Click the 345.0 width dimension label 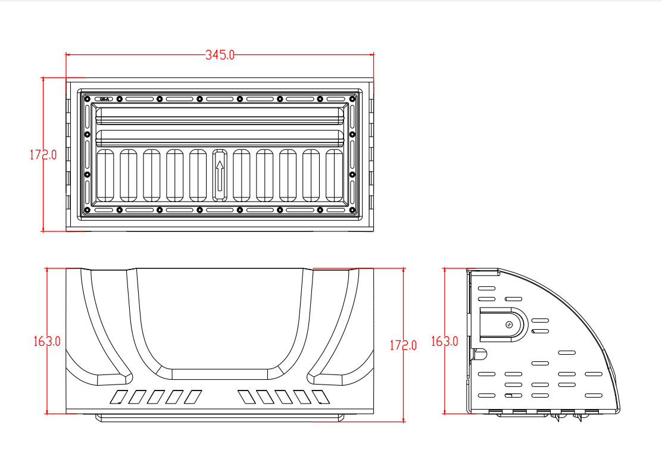coord(220,55)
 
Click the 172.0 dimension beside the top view coord(43,155)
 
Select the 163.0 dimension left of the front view coord(47,342)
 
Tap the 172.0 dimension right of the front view coord(403,345)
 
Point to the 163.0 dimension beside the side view coord(444,342)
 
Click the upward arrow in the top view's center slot coord(220,175)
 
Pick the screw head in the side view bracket coord(509,324)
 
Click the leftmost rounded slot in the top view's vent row coord(105,175)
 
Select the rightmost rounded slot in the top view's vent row coord(335,175)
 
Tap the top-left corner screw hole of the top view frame coord(87,98)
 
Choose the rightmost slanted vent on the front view coord(320,396)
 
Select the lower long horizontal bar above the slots coord(220,138)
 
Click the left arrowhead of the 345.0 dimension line coord(68,55)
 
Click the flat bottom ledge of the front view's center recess coord(220,374)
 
